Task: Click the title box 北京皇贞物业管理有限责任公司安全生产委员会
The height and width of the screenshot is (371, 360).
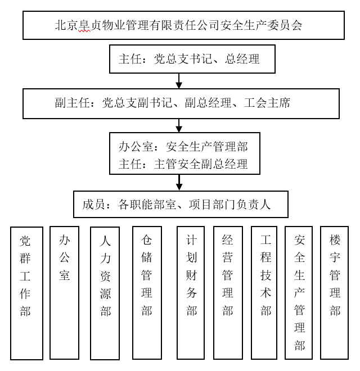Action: point(183,25)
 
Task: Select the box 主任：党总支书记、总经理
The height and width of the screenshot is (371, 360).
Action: point(192,58)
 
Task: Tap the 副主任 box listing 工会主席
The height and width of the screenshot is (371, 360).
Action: point(181,103)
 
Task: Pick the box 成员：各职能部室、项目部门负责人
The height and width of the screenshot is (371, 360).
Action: point(181,204)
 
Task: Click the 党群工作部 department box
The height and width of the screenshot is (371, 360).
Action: point(26,292)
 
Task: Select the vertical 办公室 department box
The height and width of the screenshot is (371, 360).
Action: point(65,292)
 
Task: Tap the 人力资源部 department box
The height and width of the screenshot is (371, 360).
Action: point(106,292)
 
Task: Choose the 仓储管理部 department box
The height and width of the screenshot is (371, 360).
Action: point(147,292)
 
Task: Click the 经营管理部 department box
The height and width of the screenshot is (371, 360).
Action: point(228,292)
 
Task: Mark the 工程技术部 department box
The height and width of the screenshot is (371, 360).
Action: point(265,292)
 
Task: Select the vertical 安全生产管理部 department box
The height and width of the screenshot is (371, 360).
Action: point(299,292)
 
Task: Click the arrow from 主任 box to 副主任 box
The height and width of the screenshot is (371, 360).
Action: point(179,80)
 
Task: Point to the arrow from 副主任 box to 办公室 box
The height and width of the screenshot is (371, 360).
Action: point(179,125)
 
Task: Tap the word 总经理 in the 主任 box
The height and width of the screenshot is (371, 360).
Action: point(242,58)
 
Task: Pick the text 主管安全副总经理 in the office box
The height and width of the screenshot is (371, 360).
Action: point(201,164)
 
